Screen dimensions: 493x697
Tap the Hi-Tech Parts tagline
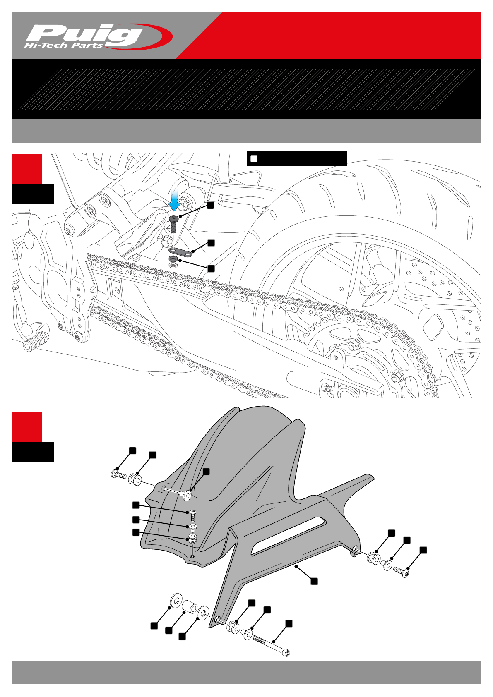point(63,45)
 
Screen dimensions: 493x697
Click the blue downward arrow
point(174,201)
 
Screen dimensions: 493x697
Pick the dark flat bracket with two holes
point(181,251)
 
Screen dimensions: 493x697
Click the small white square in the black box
point(254,158)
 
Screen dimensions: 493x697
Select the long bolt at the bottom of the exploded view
point(271,645)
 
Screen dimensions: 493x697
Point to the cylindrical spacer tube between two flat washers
point(189,606)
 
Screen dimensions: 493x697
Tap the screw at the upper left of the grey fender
point(119,474)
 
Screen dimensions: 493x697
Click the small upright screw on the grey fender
point(193,516)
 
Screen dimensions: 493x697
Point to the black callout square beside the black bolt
point(210,205)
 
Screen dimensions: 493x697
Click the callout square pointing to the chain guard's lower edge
point(314,581)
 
